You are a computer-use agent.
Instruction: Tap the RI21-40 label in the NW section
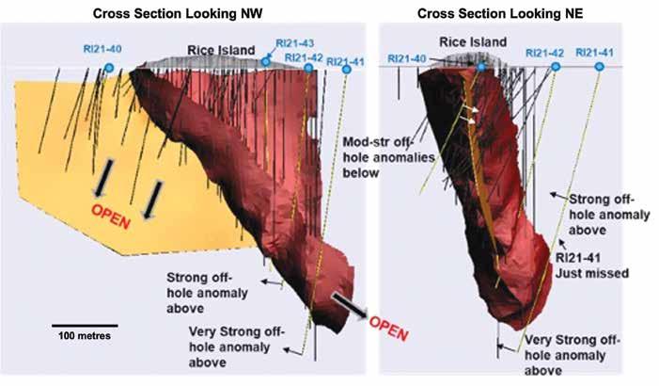(x=102, y=48)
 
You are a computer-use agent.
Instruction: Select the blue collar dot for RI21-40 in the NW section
(x=109, y=68)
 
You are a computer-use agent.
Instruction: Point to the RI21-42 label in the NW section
(x=304, y=57)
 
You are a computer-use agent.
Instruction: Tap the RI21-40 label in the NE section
(x=407, y=58)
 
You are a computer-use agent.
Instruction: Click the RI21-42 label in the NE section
(x=544, y=53)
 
